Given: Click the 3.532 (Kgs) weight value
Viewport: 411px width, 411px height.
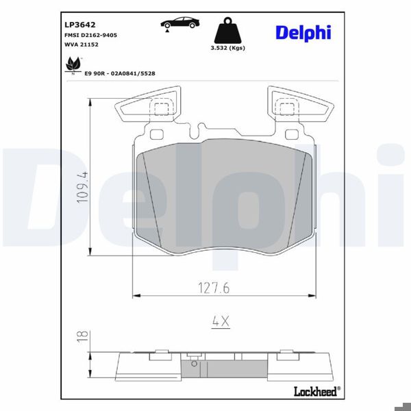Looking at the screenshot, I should pos(227,48).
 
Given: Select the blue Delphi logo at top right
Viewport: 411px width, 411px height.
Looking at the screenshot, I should pos(303,32).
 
